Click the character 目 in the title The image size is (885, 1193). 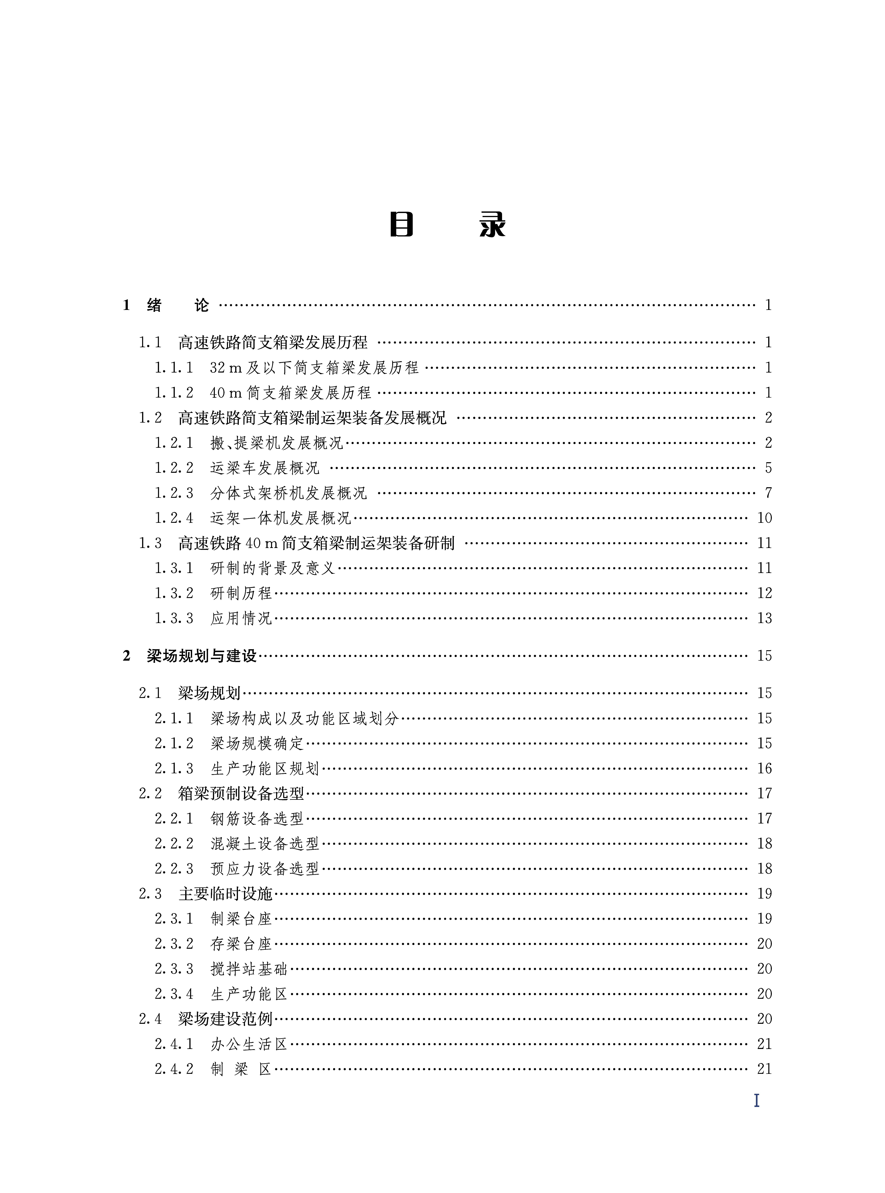tap(401, 225)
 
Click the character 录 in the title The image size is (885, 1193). tap(492, 225)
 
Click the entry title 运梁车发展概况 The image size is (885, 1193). tap(265, 468)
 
